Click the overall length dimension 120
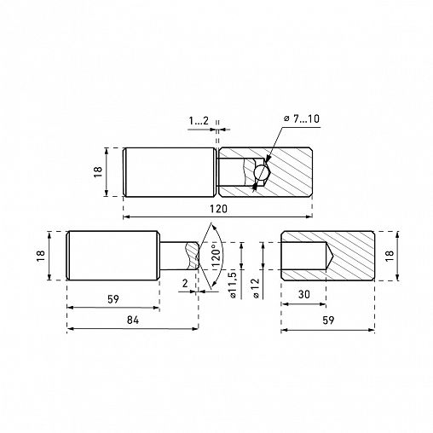tap(218, 209)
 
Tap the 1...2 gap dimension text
tap(199, 121)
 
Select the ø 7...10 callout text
tap(302, 118)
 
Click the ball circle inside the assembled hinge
tap(262, 171)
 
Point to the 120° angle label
tap(216, 256)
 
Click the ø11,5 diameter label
tap(233, 285)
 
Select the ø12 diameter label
tap(256, 288)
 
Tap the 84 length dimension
tap(133, 320)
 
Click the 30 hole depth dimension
tap(303, 294)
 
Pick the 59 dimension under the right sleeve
tap(328, 320)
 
